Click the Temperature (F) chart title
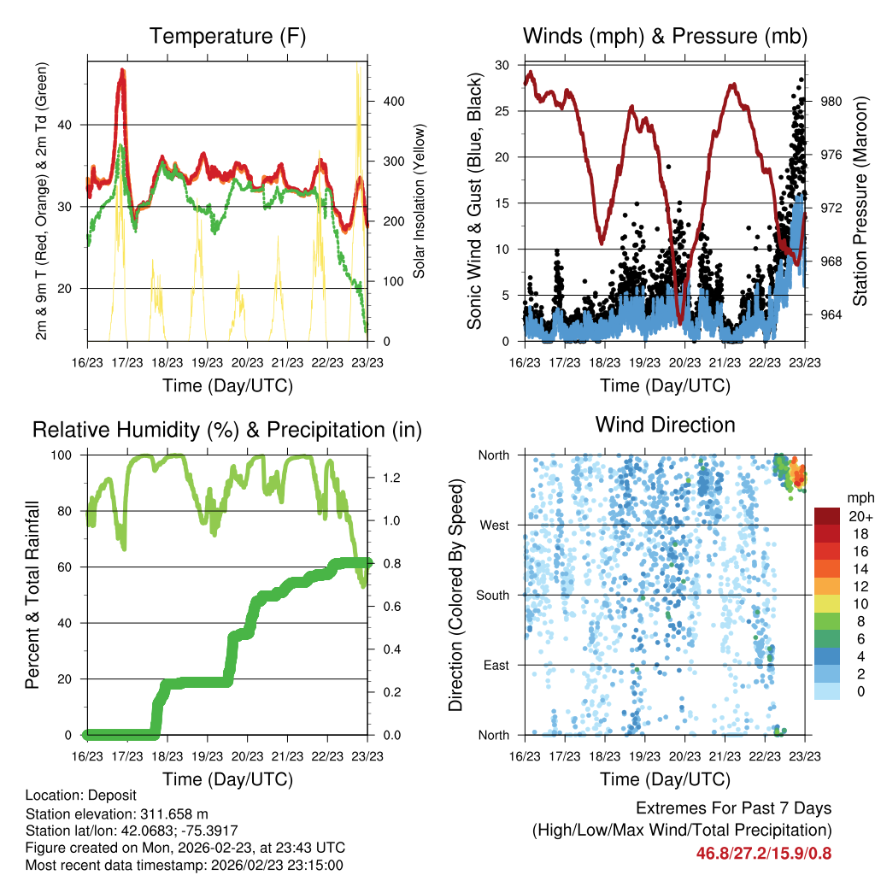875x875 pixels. tap(227, 36)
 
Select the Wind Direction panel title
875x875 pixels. tap(665, 425)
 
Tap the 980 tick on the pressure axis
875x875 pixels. tap(832, 101)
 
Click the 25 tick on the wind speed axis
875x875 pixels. tap(502, 111)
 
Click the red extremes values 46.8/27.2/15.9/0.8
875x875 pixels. tap(764, 853)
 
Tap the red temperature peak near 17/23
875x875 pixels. tap(123, 72)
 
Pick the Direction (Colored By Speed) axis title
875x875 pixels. tap(455, 595)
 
